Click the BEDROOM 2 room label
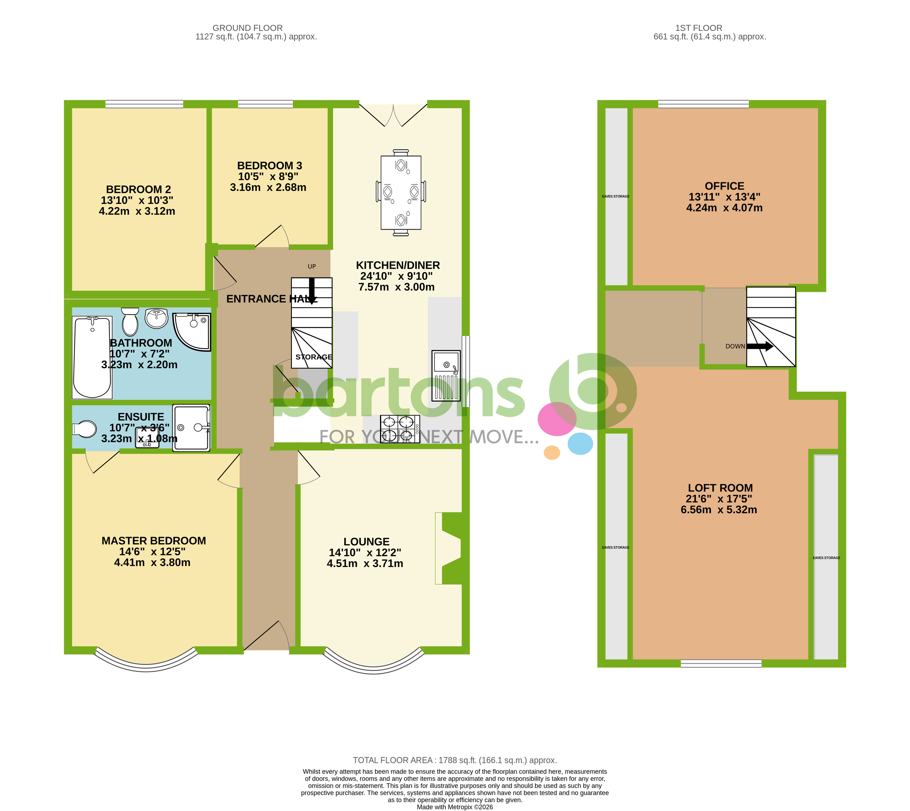coord(138,189)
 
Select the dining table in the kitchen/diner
coord(401,193)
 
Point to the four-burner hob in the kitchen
coord(400,429)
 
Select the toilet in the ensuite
coord(85,429)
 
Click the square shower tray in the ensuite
coord(191,428)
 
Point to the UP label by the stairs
coord(312,266)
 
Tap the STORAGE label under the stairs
coord(314,357)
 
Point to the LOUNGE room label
coord(366,542)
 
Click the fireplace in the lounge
coord(450,548)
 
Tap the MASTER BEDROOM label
coord(153,540)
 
